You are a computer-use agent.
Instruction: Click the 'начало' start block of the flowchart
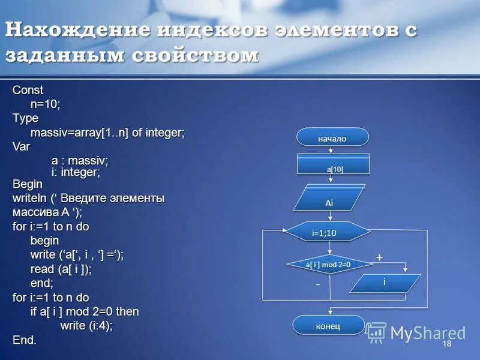click(x=332, y=137)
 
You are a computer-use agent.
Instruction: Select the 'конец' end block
click(x=328, y=325)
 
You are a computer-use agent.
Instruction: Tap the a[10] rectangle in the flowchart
click(x=334, y=164)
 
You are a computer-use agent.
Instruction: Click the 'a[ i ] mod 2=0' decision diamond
click(x=328, y=264)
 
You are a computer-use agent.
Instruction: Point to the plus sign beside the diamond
click(x=379, y=257)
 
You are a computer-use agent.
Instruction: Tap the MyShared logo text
click(x=427, y=333)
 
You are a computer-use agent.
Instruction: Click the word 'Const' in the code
click(x=28, y=91)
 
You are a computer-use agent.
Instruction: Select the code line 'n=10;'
click(x=46, y=104)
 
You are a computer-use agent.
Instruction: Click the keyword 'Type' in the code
click(x=26, y=118)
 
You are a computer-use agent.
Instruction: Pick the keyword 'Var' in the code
click(x=22, y=146)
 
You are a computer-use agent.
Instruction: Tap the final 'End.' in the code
click(x=25, y=340)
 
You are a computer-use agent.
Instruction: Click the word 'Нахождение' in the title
click(x=79, y=32)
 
